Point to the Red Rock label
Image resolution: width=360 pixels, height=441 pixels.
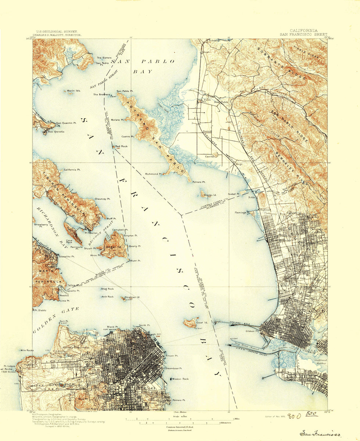pyautogui.click(x=121, y=146)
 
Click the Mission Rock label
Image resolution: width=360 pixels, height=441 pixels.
pyautogui.click(x=180, y=379)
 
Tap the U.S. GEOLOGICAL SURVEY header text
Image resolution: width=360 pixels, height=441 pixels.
pyautogui.click(x=57, y=32)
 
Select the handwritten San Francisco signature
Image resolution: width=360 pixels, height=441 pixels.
pyautogui.click(x=320, y=434)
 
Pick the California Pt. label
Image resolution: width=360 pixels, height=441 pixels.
pyautogui.click(x=72, y=170)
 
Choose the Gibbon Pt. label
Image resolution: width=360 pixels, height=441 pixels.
pyautogui.click(x=253, y=331)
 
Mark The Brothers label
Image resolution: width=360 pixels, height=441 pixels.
pyautogui.click(x=101, y=94)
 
